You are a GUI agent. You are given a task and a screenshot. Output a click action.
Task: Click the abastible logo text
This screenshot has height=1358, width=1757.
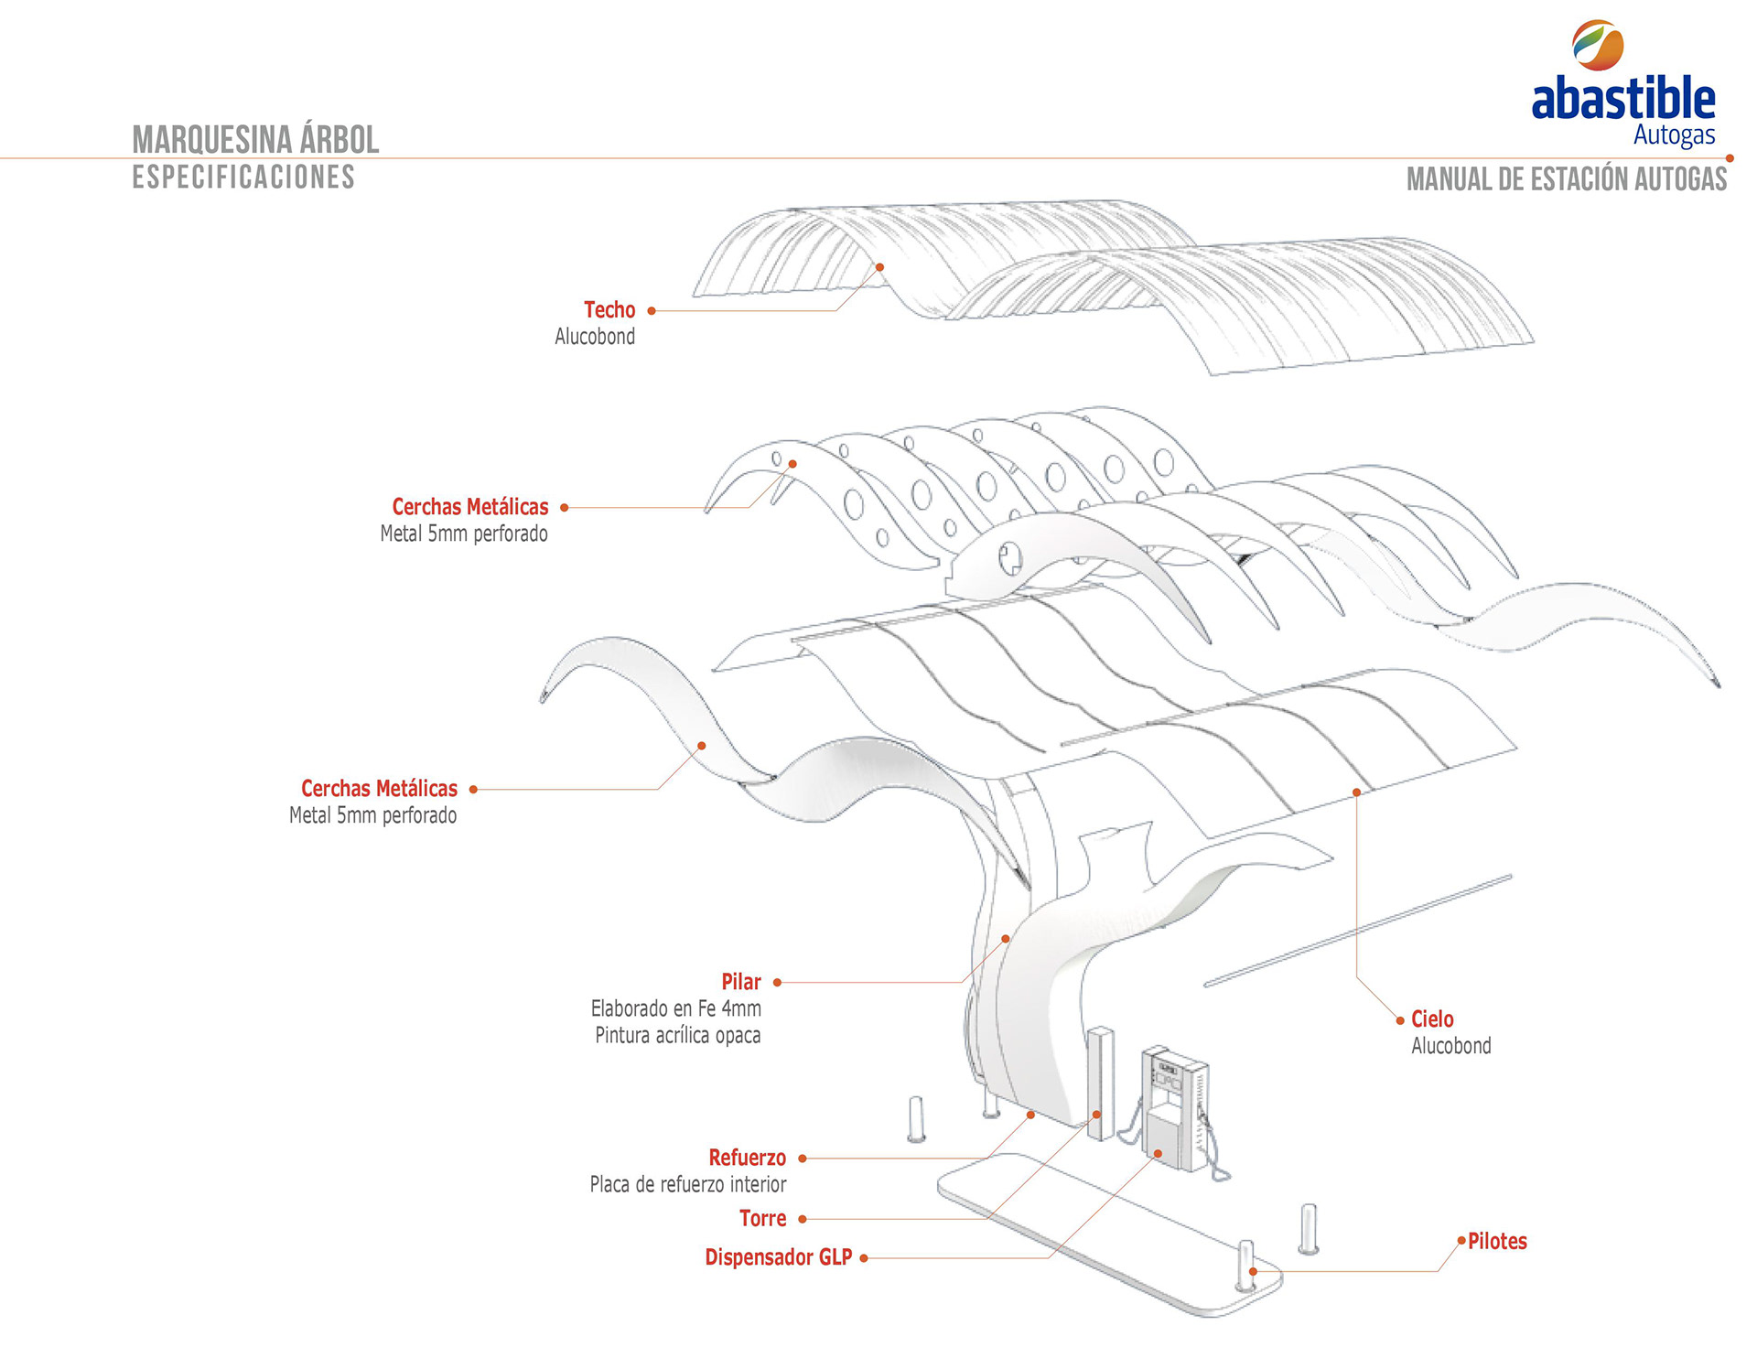click(x=1622, y=99)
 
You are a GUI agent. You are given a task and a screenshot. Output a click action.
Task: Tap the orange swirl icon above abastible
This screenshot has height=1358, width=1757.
click(x=1598, y=45)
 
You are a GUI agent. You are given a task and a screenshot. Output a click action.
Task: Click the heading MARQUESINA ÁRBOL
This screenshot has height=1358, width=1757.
click(x=255, y=140)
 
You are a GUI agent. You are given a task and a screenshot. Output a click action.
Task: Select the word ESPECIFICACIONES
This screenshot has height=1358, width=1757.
click(x=243, y=178)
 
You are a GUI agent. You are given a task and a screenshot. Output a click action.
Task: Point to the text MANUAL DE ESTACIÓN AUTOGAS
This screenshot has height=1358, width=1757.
click(x=1566, y=179)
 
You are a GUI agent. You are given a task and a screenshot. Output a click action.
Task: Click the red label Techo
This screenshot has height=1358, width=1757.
click(x=609, y=310)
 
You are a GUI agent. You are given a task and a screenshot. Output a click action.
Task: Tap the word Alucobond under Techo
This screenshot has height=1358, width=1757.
click(x=595, y=337)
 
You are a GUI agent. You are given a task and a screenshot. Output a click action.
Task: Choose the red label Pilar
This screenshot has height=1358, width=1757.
click(x=740, y=982)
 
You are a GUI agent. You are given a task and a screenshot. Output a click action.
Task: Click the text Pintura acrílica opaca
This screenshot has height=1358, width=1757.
click(x=677, y=1036)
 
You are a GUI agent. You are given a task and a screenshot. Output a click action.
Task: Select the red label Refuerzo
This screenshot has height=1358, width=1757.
click(x=747, y=1158)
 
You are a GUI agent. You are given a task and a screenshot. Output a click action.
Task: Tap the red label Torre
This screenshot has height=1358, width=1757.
click(x=762, y=1219)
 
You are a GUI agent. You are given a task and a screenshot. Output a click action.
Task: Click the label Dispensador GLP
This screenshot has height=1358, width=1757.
click(x=778, y=1257)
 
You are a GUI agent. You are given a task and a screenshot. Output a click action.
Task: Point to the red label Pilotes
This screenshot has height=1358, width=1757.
click(x=1497, y=1242)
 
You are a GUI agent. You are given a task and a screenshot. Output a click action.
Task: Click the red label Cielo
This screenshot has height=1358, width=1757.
click(x=1432, y=1019)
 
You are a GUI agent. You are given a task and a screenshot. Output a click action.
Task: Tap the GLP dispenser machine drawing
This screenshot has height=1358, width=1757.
click(x=1175, y=1108)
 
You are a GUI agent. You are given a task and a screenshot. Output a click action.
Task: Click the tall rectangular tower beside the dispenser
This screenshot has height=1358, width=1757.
click(x=1101, y=1083)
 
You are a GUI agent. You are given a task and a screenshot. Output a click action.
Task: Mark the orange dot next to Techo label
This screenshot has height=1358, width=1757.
click(x=652, y=311)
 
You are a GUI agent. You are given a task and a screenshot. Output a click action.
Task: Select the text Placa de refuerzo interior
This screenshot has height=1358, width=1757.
click(x=688, y=1185)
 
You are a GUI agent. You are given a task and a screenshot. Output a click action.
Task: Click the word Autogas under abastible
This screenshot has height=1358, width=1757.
click(x=1674, y=136)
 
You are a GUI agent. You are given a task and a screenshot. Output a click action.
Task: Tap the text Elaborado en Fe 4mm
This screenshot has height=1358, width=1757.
click(x=675, y=1009)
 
